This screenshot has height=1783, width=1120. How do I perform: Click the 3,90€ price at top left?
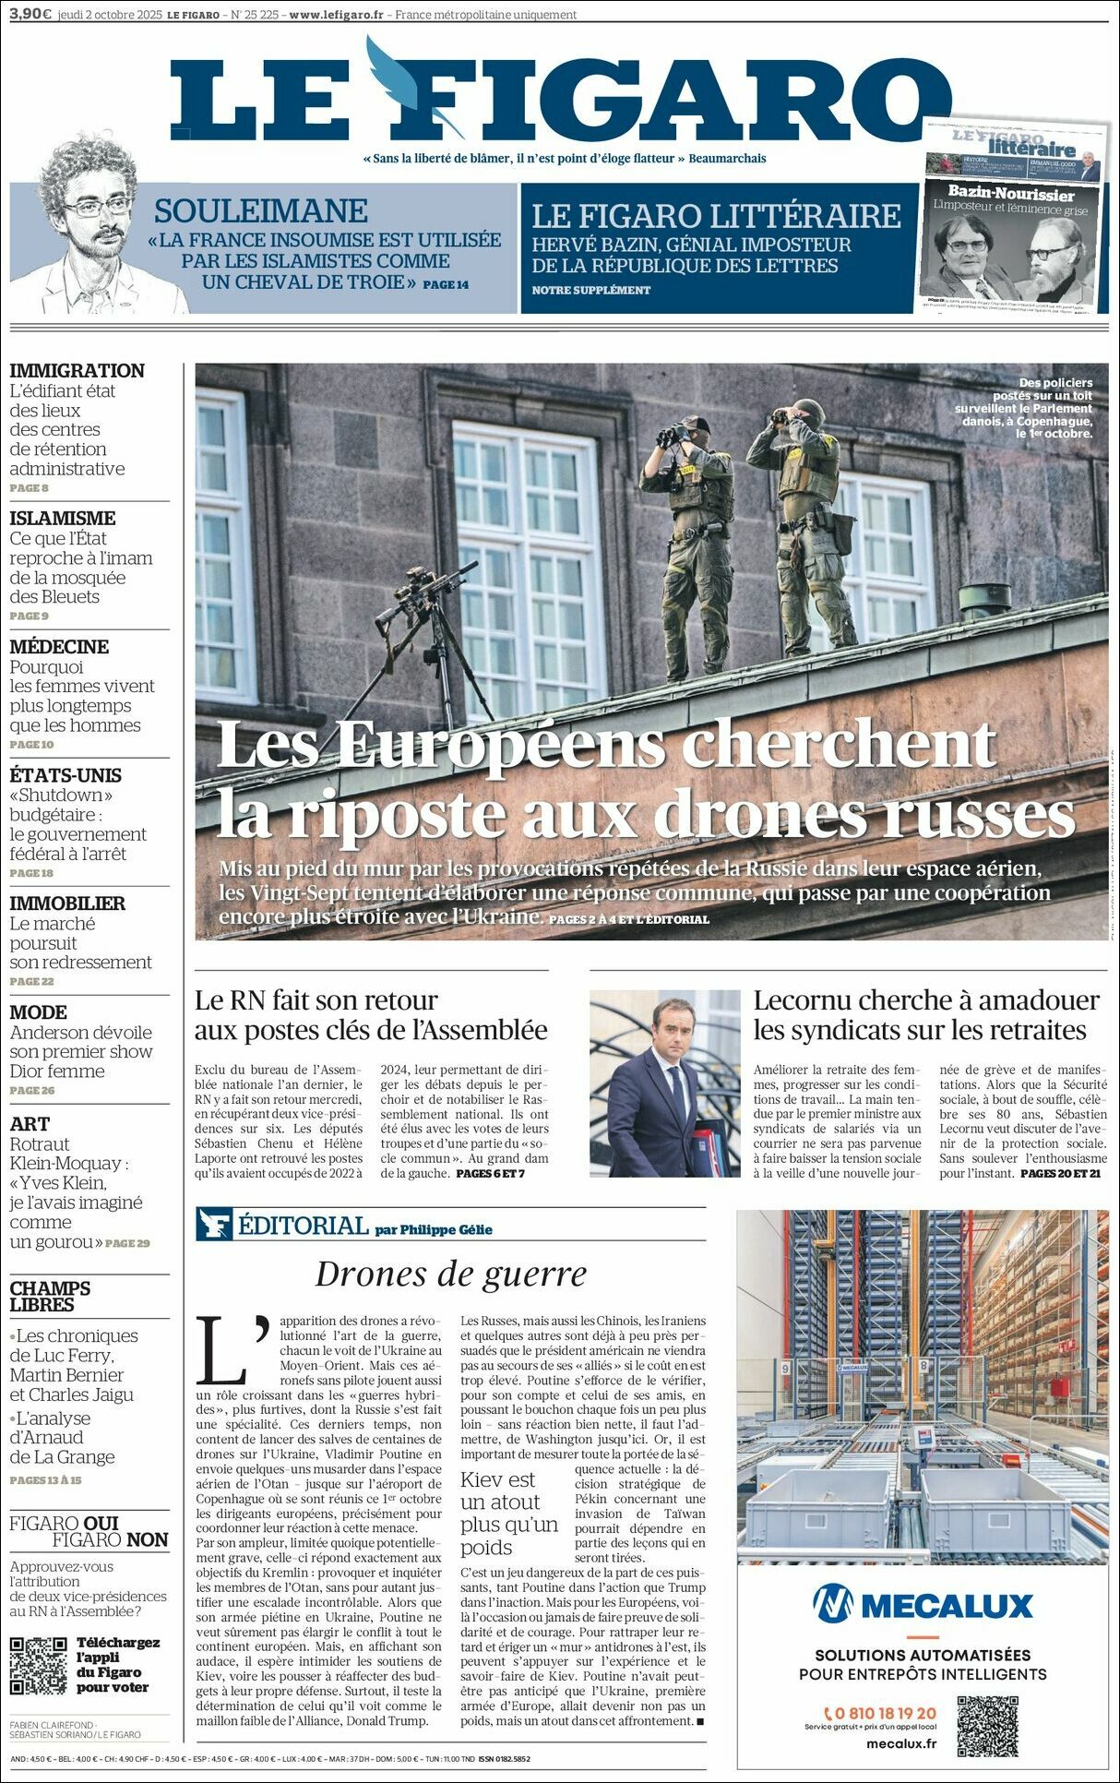point(30,14)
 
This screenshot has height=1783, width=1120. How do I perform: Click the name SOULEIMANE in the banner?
point(261,211)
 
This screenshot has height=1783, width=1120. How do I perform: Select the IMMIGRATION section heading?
point(77,371)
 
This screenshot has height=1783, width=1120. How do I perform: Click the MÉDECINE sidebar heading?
point(59,647)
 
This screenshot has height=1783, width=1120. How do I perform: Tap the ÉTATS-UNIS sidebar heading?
point(66,775)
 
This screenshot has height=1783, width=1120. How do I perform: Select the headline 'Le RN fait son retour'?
point(316,1000)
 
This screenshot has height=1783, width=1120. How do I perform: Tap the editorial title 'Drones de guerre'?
point(451,1274)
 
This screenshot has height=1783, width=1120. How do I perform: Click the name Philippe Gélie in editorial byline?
point(447,1229)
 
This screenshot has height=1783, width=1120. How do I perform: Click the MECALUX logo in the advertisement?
point(922,1606)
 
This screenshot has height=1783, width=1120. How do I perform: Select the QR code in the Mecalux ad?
point(987,1725)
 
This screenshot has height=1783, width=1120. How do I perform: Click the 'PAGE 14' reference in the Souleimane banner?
point(446,284)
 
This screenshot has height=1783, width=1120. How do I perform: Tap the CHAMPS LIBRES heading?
point(50,1296)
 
